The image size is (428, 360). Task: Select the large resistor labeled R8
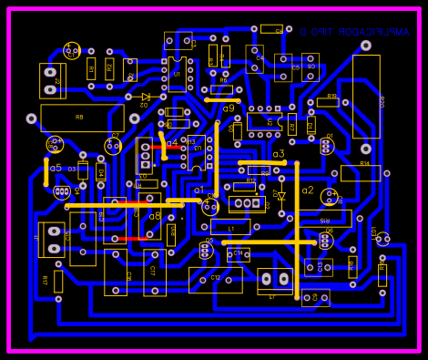pos(82,118)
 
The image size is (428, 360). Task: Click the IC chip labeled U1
pos(177,73)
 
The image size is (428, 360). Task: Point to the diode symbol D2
pos(146,97)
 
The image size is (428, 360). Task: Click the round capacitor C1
pos(72,51)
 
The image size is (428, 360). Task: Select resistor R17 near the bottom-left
pos(58,281)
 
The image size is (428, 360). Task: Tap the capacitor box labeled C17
pos(154,273)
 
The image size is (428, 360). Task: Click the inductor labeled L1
pos(230,227)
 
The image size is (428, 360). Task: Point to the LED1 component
pos(382,239)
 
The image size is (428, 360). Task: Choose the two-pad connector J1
pos(51,240)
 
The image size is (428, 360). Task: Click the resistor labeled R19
pos(328,102)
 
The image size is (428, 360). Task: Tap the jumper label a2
pos(308,190)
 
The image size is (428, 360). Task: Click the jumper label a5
pos(56,169)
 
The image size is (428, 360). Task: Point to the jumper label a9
pos(229,108)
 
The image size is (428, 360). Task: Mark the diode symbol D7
pos(280,195)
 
